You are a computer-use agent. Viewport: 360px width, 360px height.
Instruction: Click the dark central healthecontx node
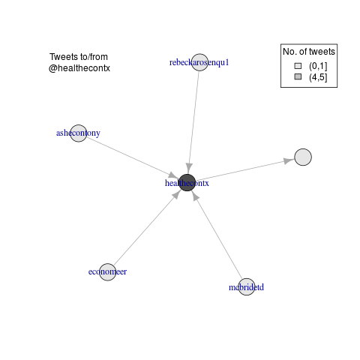(187, 182)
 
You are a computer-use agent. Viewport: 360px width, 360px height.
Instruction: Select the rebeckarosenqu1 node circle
(199, 62)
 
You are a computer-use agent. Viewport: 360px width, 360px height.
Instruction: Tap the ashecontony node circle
(79, 133)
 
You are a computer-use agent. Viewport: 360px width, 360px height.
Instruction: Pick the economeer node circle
(107, 272)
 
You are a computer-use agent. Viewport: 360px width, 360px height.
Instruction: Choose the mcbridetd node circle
(247, 286)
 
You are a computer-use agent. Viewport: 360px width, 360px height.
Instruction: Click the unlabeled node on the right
(303, 157)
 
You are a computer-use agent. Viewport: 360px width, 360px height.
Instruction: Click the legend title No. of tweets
(309, 52)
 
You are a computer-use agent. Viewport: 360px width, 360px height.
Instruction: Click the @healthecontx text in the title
(79, 68)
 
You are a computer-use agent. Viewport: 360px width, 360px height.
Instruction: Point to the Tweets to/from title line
(79, 57)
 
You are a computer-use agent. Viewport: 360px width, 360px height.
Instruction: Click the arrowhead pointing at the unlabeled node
(289, 160)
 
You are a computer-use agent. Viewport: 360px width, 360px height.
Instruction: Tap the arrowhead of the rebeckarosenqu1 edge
(189, 166)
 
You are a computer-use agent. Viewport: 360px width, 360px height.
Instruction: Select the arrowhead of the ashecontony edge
(173, 175)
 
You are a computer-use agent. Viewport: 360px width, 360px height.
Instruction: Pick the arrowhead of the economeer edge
(177, 194)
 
